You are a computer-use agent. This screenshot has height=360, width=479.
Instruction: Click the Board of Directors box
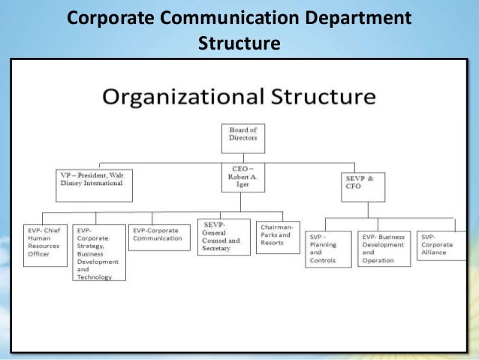(x=243, y=138)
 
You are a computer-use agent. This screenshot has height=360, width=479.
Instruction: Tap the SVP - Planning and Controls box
(x=330, y=248)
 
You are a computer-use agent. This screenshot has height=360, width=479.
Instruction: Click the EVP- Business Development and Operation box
(x=384, y=248)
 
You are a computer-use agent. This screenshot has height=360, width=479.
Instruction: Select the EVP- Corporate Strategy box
(x=99, y=253)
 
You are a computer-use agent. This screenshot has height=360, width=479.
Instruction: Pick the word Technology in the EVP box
(x=94, y=277)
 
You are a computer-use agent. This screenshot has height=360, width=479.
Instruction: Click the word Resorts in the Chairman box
(x=273, y=244)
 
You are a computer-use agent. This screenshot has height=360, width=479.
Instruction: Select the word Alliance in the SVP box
(x=435, y=253)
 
